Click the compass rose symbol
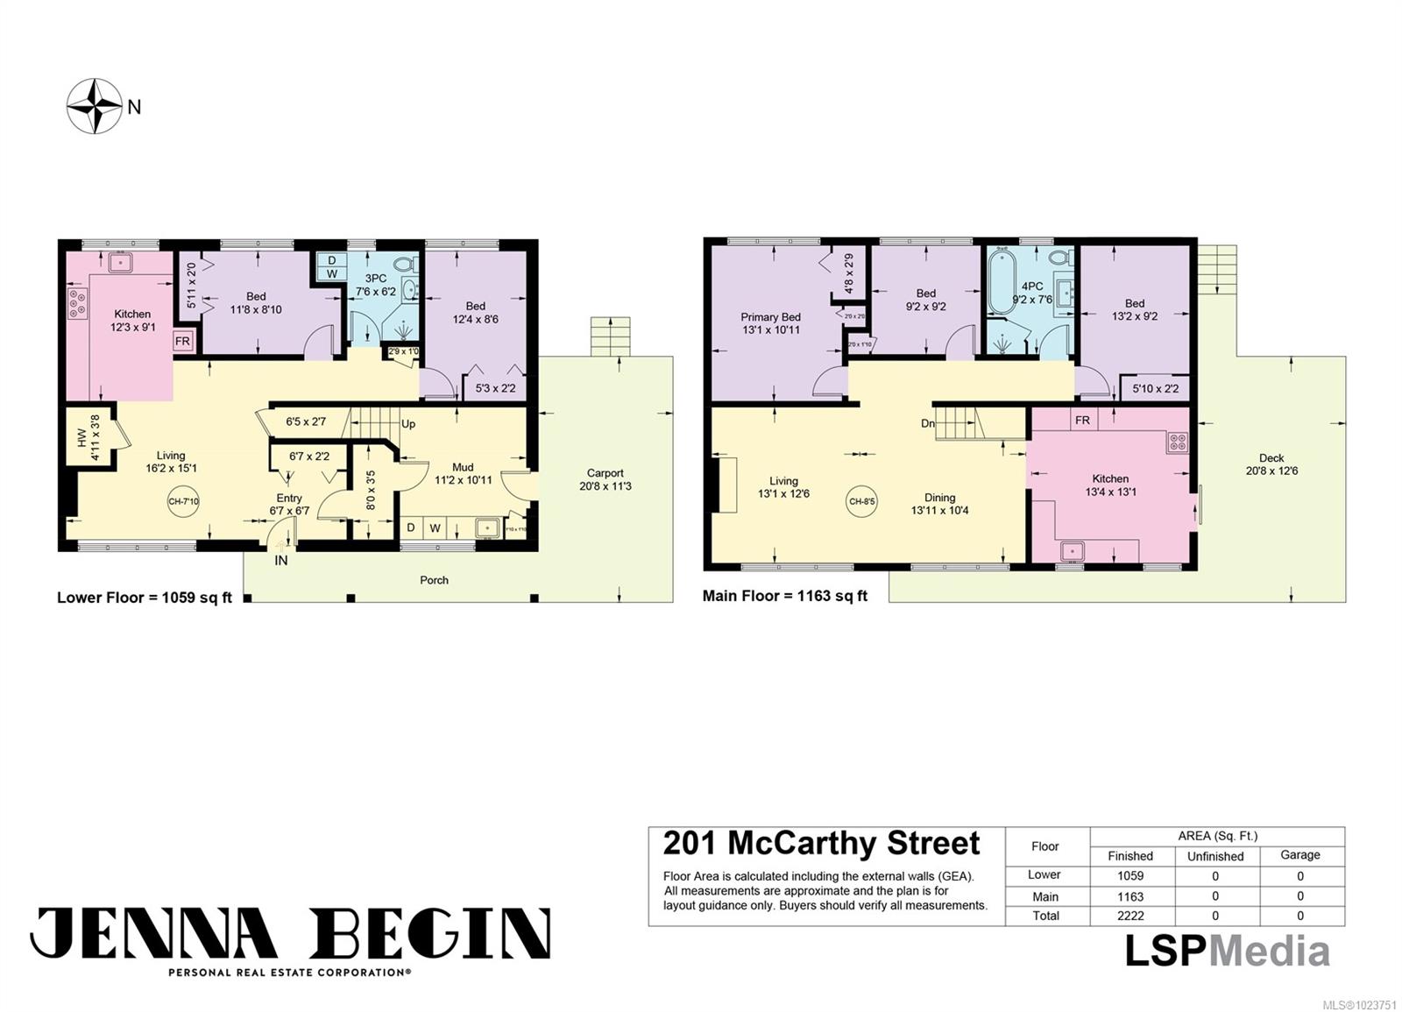pos(95,106)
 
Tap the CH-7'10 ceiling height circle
pos(183,502)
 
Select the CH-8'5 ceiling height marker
pos(862,502)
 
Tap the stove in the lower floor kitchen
pos(77,303)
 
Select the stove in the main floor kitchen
pos(1177,442)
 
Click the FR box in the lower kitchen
pos(182,341)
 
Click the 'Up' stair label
pos(408,424)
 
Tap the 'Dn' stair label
pos(928,424)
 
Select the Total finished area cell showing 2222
pos(1129,916)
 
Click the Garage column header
pos(1299,854)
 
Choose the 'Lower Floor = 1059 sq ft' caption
pos(145,598)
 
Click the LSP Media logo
pos(1227,952)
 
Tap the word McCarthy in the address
pos(802,843)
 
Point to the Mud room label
pos(463,467)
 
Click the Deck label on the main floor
pos(1271,457)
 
